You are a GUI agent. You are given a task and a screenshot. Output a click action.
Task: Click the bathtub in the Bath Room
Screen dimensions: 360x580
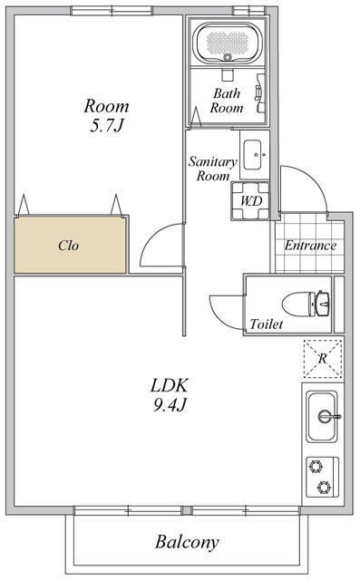(228, 43)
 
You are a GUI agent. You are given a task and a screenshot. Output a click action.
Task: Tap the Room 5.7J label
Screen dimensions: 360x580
(106, 115)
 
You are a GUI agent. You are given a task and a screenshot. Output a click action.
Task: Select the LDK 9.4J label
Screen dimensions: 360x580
(170, 395)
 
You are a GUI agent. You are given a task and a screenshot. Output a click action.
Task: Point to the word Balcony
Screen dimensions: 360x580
(187, 542)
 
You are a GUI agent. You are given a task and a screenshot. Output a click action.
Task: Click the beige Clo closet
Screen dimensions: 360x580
(71, 245)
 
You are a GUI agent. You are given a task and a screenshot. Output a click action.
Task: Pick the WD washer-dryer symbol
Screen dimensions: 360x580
(250, 201)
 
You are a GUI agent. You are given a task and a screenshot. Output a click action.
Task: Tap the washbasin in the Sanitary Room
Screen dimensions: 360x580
(255, 155)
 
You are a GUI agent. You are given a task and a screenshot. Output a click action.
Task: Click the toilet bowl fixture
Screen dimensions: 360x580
(306, 304)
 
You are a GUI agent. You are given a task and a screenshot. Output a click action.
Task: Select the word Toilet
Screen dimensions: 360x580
(266, 324)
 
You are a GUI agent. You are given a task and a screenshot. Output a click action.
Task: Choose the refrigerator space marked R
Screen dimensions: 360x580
(323, 359)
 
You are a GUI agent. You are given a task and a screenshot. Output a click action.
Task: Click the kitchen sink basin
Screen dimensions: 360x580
(322, 417)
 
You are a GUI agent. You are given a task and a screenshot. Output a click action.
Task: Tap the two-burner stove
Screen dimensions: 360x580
(322, 478)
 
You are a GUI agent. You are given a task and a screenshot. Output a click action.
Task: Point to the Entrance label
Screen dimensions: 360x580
(310, 246)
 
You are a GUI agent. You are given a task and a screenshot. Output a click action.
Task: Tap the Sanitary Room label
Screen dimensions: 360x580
(213, 169)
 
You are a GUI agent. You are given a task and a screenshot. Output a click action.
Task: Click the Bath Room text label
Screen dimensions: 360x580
(227, 101)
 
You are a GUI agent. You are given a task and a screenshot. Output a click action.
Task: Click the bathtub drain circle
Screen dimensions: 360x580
(228, 57)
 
